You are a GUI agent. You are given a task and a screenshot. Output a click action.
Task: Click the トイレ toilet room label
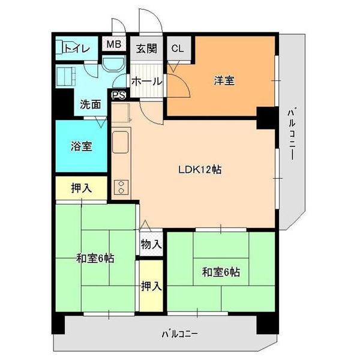[77, 49]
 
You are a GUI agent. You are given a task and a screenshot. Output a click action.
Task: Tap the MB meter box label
[114, 44]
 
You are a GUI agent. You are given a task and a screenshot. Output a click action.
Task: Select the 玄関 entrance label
[146, 49]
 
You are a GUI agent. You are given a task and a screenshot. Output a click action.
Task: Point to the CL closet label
[178, 49]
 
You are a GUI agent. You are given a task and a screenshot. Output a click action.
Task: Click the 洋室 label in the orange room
[224, 80]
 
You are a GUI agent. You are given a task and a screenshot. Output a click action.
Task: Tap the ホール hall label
[147, 81]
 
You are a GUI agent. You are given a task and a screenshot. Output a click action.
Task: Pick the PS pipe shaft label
[119, 95]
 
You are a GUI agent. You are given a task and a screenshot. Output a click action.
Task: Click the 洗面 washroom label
[90, 104]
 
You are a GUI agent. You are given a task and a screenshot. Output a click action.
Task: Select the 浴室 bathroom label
[82, 146]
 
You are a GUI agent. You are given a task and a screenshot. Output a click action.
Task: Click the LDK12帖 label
[200, 170]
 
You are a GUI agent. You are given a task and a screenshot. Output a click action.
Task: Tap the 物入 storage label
[151, 244]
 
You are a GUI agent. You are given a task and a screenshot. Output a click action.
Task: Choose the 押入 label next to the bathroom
[82, 188]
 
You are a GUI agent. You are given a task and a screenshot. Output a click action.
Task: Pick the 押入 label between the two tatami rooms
[151, 286]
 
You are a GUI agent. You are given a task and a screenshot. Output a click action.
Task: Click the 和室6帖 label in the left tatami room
[95, 259]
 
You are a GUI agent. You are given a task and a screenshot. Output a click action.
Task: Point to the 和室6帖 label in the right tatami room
[221, 272]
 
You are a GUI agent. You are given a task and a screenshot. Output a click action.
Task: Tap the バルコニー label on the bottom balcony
[179, 334]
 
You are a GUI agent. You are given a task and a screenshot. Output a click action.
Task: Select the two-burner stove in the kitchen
[121, 187]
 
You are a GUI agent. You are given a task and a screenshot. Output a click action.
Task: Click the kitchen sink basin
[120, 142]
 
